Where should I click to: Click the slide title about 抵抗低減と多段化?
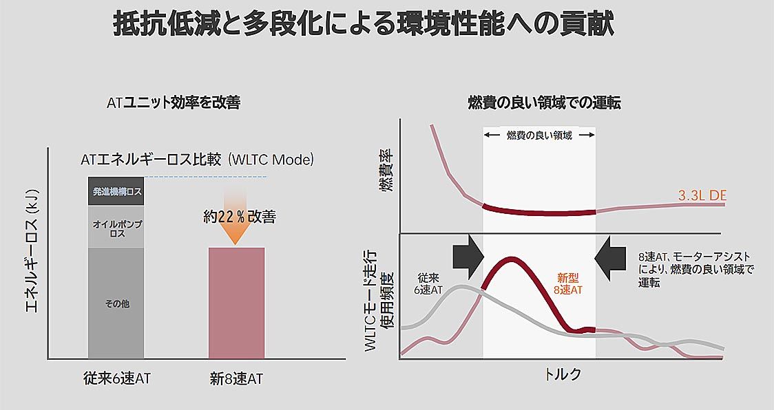[x=363, y=25]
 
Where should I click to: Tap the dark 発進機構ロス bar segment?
[x=116, y=192]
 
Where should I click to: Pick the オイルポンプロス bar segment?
[x=116, y=227]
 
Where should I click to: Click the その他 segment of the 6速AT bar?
[x=116, y=303]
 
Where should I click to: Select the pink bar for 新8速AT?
[x=236, y=303]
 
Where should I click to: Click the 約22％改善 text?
[x=239, y=217]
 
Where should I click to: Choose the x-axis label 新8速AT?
[x=236, y=378]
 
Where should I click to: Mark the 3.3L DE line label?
[x=702, y=196]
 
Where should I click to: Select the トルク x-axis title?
[x=563, y=374]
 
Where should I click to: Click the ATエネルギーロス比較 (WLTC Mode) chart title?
[x=197, y=160]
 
